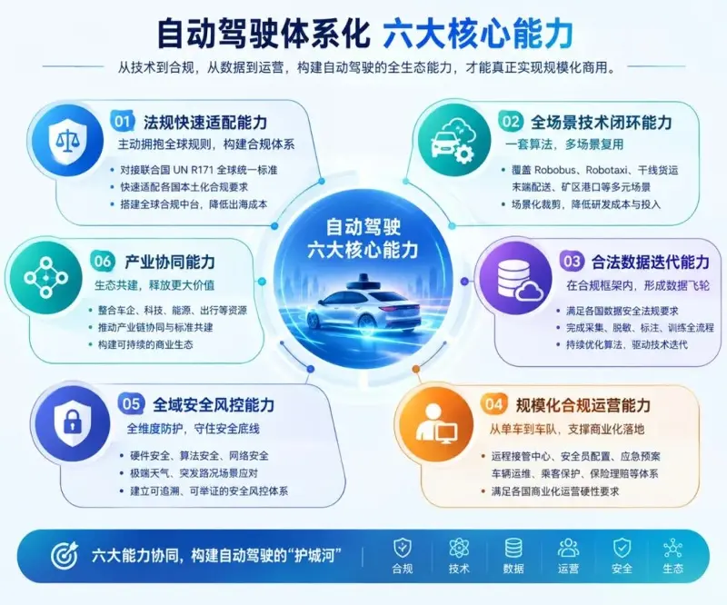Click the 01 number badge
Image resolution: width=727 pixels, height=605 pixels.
click(123, 122)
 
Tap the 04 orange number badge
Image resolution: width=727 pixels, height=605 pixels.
click(493, 405)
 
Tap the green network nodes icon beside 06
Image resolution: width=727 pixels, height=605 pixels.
click(46, 278)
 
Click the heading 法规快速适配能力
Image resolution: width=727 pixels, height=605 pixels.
click(205, 123)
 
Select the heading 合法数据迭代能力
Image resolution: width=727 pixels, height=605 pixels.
click(651, 262)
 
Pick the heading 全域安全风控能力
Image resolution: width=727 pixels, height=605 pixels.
click(214, 405)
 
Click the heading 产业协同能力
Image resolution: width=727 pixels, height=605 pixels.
click(170, 262)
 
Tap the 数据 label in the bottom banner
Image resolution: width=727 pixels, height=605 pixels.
click(513, 569)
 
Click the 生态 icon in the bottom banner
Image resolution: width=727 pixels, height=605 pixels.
click(672, 549)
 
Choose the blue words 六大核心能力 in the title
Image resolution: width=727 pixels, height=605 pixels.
click(478, 34)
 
